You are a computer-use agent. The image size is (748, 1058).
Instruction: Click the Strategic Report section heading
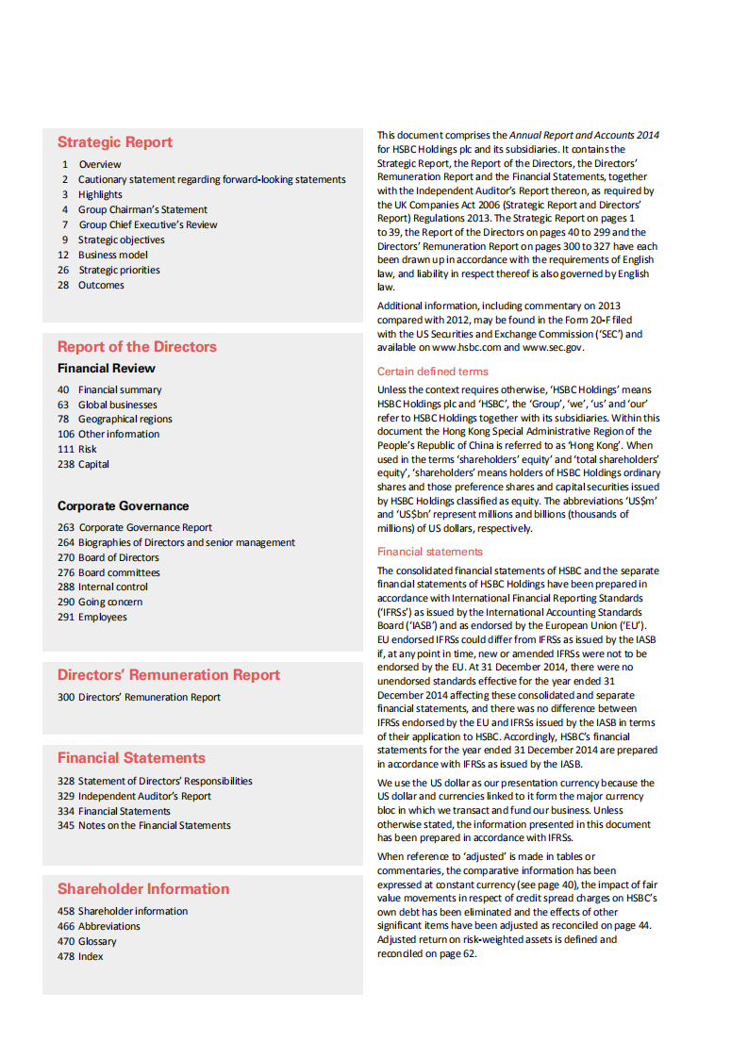pos(114,142)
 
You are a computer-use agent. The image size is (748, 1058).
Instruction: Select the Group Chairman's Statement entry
pos(142,209)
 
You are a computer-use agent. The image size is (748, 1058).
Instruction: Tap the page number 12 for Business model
pos(63,255)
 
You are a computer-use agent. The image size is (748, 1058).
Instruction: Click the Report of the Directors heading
pos(137,346)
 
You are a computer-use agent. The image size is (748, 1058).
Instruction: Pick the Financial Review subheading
pos(106,368)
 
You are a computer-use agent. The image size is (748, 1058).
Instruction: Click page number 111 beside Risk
pos(65,449)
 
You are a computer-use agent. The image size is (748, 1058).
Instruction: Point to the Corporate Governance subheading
pos(123,505)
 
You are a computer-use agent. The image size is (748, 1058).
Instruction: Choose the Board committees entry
pos(119,572)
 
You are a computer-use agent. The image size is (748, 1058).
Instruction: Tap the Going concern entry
pos(110,602)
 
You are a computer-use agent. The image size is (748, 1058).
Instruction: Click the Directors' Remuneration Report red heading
pos(168,674)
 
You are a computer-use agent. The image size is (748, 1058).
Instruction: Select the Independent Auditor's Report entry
pos(144,796)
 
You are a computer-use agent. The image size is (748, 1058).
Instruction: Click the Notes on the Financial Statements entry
pos(154,825)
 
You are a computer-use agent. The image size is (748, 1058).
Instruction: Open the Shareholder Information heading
pos(142,888)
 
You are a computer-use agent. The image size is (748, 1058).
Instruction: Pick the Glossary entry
pos(97,941)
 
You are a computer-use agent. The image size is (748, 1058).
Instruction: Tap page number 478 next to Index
pos(65,956)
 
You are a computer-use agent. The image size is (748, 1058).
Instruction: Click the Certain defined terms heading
pos(433,372)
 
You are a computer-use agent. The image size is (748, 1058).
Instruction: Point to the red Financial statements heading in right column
pos(429,552)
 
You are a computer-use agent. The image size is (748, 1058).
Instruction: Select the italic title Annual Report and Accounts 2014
pos(585,135)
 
